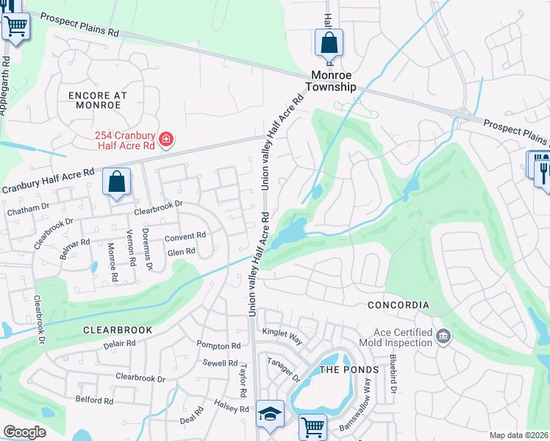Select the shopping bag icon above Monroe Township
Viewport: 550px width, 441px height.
point(329,42)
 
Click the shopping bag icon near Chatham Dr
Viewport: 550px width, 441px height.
point(117,182)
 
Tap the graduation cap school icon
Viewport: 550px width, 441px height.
point(270,415)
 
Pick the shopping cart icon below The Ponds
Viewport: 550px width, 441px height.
point(313,427)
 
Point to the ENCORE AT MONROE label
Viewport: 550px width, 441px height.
point(98,100)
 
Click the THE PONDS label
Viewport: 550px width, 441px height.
point(349,370)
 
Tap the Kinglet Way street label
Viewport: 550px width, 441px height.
point(282,334)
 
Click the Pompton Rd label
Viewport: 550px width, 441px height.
point(218,345)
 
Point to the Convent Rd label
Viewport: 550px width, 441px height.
point(185,237)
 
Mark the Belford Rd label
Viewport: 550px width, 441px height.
point(94,401)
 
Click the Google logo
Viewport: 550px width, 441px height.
point(24,432)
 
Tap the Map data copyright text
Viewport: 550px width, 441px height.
point(518,435)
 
